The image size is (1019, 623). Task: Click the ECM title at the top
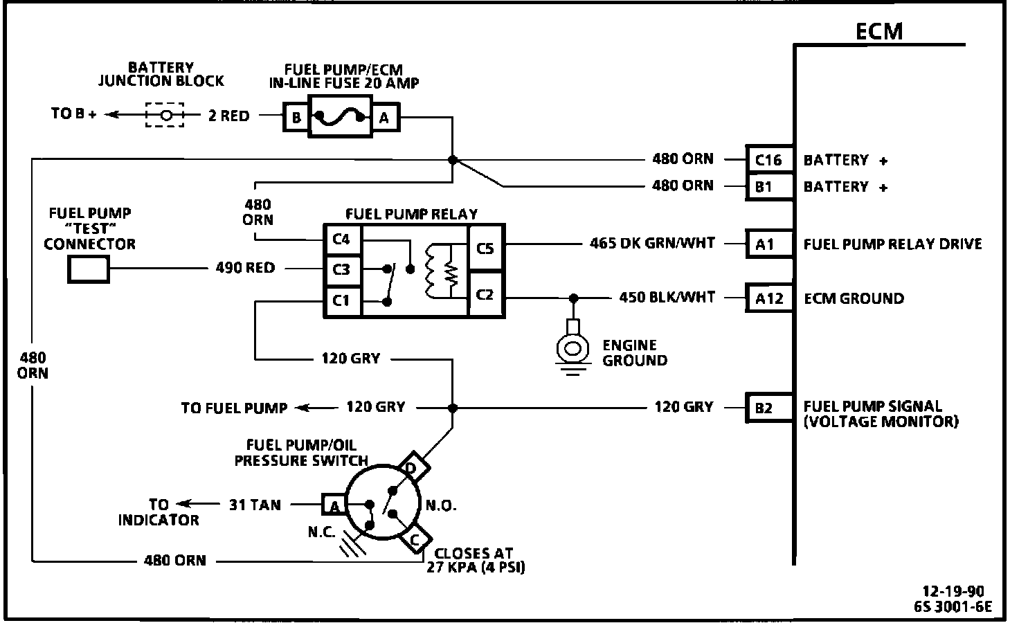point(879,31)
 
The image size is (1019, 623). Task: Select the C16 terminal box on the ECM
point(768,160)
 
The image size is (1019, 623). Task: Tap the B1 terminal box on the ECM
point(768,186)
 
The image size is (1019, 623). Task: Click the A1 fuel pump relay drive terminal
point(768,244)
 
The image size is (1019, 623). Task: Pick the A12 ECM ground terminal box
point(768,298)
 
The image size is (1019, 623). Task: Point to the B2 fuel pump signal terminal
point(768,408)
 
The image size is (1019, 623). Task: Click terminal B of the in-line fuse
point(296,117)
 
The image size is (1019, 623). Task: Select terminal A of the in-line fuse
point(384,117)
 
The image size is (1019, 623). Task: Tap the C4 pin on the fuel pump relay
point(342,240)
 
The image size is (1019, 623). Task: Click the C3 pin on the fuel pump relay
point(342,269)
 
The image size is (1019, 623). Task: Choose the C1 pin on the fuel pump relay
point(342,300)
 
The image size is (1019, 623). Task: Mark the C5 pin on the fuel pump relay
point(486,247)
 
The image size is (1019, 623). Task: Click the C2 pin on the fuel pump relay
point(486,295)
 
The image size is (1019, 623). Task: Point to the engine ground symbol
point(572,348)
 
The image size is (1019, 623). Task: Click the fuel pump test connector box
point(89,269)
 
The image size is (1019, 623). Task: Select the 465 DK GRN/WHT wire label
point(652,244)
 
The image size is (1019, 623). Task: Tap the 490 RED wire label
point(245,268)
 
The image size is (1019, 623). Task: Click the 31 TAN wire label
point(255,505)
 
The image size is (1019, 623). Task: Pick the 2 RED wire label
point(228,116)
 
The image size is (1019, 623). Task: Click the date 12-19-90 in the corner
point(953,591)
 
